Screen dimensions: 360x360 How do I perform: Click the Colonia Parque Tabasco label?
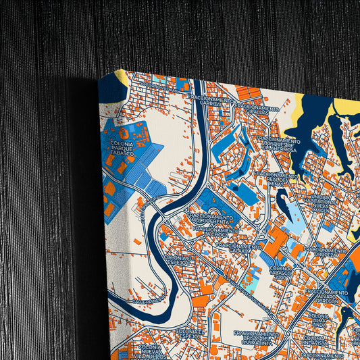click(124, 149)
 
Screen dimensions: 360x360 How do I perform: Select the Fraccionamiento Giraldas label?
click(257, 111)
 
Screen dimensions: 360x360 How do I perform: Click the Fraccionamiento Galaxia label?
click(240, 248)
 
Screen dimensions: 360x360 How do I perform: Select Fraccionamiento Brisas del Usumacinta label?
click(255, 337)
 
